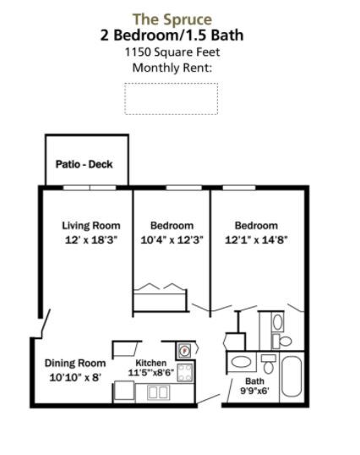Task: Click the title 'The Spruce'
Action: tap(172, 19)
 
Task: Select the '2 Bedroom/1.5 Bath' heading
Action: tap(172, 35)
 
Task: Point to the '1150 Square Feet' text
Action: tap(172, 52)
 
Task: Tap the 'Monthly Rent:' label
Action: tap(172, 68)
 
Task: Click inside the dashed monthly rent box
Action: tap(171, 98)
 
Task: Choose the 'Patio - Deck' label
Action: tap(84, 164)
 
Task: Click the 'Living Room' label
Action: tap(90, 226)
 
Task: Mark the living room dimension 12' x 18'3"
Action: tap(90, 239)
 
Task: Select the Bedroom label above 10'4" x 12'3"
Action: tap(172, 226)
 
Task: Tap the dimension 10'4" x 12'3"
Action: tap(172, 239)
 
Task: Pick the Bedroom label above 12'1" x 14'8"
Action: tap(256, 226)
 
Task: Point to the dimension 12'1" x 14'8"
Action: tap(256, 239)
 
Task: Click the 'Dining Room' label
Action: tap(75, 364)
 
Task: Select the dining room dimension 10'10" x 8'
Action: tap(75, 377)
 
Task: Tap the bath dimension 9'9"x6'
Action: tap(243, 392)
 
